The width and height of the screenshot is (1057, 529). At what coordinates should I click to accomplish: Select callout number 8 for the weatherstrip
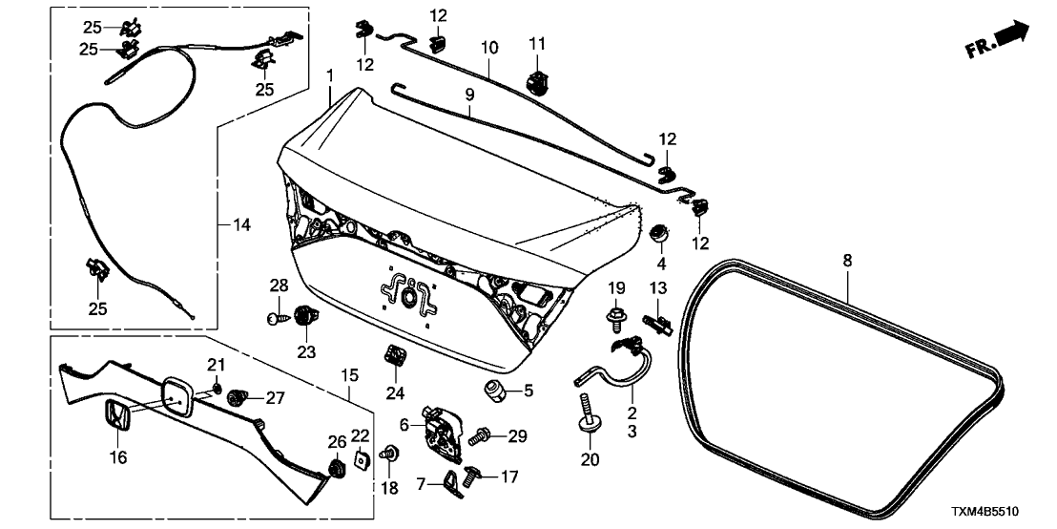click(847, 259)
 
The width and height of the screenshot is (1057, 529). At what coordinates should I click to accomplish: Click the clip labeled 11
click(539, 78)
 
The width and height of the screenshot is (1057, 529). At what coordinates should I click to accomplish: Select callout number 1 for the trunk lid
click(329, 74)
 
